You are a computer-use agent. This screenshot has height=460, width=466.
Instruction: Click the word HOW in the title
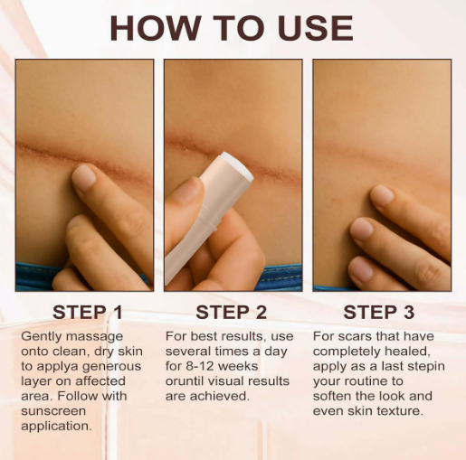pyautogui.click(x=156, y=28)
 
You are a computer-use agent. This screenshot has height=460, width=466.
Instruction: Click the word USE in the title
pyautogui.click(x=316, y=28)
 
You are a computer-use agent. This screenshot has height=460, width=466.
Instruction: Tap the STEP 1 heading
pyautogui.click(x=88, y=312)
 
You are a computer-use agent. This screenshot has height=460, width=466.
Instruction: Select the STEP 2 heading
pyautogui.click(x=232, y=312)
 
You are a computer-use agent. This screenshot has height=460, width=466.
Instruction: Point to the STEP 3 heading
pyautogui.click(x=379, y=312)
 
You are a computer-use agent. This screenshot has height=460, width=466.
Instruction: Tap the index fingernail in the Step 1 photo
pyautogui.click(x=83, y=177)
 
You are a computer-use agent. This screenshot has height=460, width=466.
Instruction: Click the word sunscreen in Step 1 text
pyautogui.click(x=53, y=411)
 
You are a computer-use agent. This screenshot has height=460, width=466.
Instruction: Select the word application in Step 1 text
pyautogui.click(x=56, y=427)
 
